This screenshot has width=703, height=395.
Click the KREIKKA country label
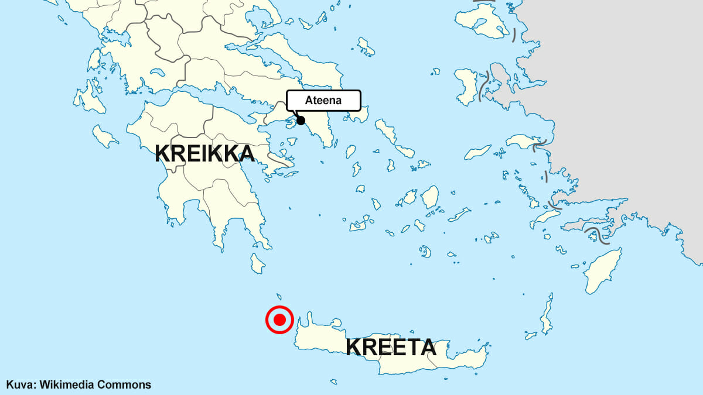pos(205,154)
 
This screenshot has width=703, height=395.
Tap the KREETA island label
pos(391,347)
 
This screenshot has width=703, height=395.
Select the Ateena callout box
pos(323,100)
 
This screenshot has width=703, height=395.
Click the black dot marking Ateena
pos(301,121)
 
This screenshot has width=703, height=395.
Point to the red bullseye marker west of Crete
pos(279,320)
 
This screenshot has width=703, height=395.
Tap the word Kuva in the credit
pos(18,384)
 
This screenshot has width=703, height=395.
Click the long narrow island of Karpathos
pos(547,315)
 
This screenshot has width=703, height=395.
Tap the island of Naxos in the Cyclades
pos(431,197)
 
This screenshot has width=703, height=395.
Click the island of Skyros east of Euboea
pos(366,47)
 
